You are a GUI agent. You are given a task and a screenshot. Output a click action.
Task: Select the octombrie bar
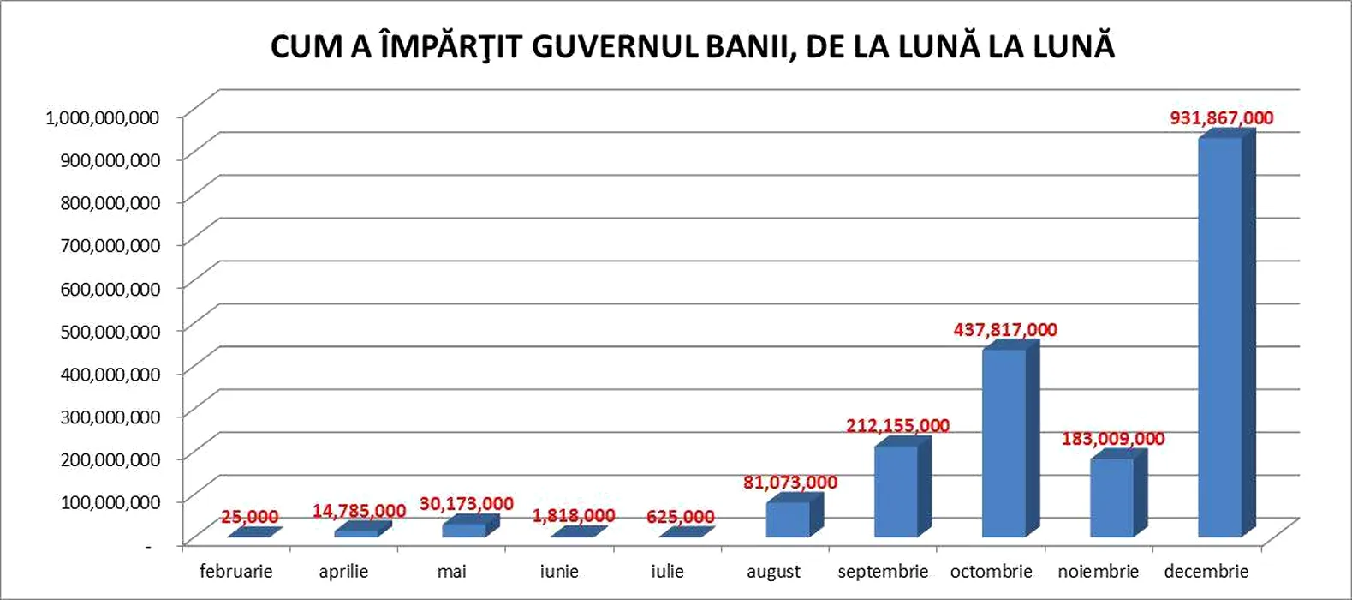tap(1004, 443)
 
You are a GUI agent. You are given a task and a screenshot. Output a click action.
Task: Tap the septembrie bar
tap(896, 491)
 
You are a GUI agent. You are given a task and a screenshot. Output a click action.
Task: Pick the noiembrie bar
tap(1111, 498)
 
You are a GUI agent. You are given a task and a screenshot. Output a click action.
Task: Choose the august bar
tap(788, 519)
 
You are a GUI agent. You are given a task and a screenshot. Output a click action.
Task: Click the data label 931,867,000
tap(1222, 118)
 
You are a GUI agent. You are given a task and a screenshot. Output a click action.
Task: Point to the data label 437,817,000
tap(1005, 330)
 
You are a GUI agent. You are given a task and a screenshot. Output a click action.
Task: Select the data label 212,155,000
tap(897, 426)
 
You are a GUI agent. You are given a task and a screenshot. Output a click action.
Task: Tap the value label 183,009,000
tap(1112, 439)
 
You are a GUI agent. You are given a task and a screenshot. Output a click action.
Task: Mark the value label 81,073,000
tap(789, 483)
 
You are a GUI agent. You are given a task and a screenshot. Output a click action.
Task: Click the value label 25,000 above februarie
tap(249, 517)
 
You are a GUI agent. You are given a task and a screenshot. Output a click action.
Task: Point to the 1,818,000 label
tap(573, 516)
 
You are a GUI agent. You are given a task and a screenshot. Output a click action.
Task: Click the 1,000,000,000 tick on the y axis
tap(102, 117)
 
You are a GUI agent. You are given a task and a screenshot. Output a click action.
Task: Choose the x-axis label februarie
tap(235, 571)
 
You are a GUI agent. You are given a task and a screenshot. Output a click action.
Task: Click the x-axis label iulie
tap(667, 571)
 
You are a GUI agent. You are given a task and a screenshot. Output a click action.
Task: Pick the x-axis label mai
tap(451, 571)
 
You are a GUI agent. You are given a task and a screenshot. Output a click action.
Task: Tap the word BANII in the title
tap(751, 46)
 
